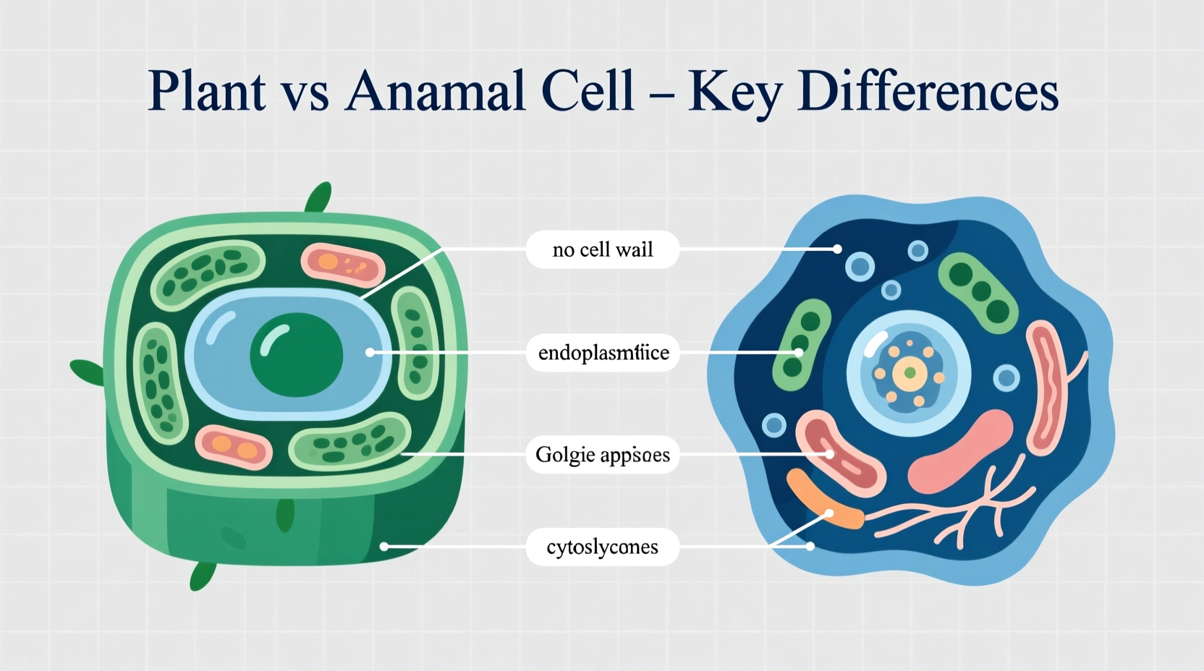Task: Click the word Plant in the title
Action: point(206,91)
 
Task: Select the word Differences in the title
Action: point(928,91)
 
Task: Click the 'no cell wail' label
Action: point(602,249)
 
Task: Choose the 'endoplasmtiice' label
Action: point(603,353)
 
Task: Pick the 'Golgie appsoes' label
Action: point(602,455)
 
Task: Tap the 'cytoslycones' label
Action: point(602,547)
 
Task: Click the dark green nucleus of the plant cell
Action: point(296,354)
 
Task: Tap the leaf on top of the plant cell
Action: point(318,197)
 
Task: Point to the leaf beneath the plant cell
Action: point(202,576)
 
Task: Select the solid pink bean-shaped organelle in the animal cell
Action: point(959,452)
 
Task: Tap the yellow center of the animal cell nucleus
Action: point(910,373)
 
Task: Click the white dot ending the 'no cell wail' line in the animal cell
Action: point(837,249)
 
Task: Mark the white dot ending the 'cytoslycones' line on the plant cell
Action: point(384,547)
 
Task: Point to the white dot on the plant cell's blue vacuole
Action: point(370,352)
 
